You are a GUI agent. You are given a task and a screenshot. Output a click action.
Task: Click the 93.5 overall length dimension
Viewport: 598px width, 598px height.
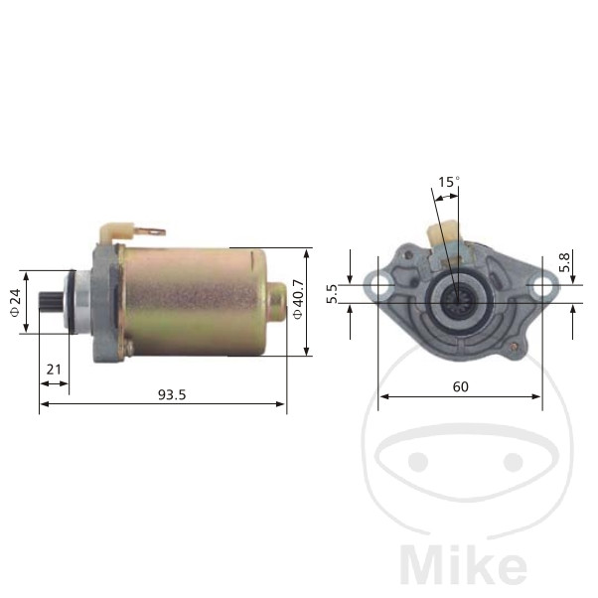(172, 395)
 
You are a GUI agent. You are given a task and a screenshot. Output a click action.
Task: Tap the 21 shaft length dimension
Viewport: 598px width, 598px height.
(54, 370)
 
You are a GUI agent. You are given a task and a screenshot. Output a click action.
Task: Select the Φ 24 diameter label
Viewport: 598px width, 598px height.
(15, 303)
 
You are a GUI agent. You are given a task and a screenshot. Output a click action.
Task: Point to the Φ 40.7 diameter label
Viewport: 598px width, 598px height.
(297, 299)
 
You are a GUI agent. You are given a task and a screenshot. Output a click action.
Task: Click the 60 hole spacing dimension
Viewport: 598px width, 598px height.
(460, 387)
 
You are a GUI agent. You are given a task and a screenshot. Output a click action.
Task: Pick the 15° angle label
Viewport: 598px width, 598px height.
(449, 182)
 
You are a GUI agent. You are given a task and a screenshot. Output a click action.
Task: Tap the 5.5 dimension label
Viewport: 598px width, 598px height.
(332, 294)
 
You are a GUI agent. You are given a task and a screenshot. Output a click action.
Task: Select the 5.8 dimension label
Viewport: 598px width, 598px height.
(564, 262)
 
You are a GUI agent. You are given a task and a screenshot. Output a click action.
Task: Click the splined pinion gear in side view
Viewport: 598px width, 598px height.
(52, 302)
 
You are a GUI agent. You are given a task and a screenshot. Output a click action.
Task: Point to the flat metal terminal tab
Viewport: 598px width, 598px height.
(151, 231)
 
